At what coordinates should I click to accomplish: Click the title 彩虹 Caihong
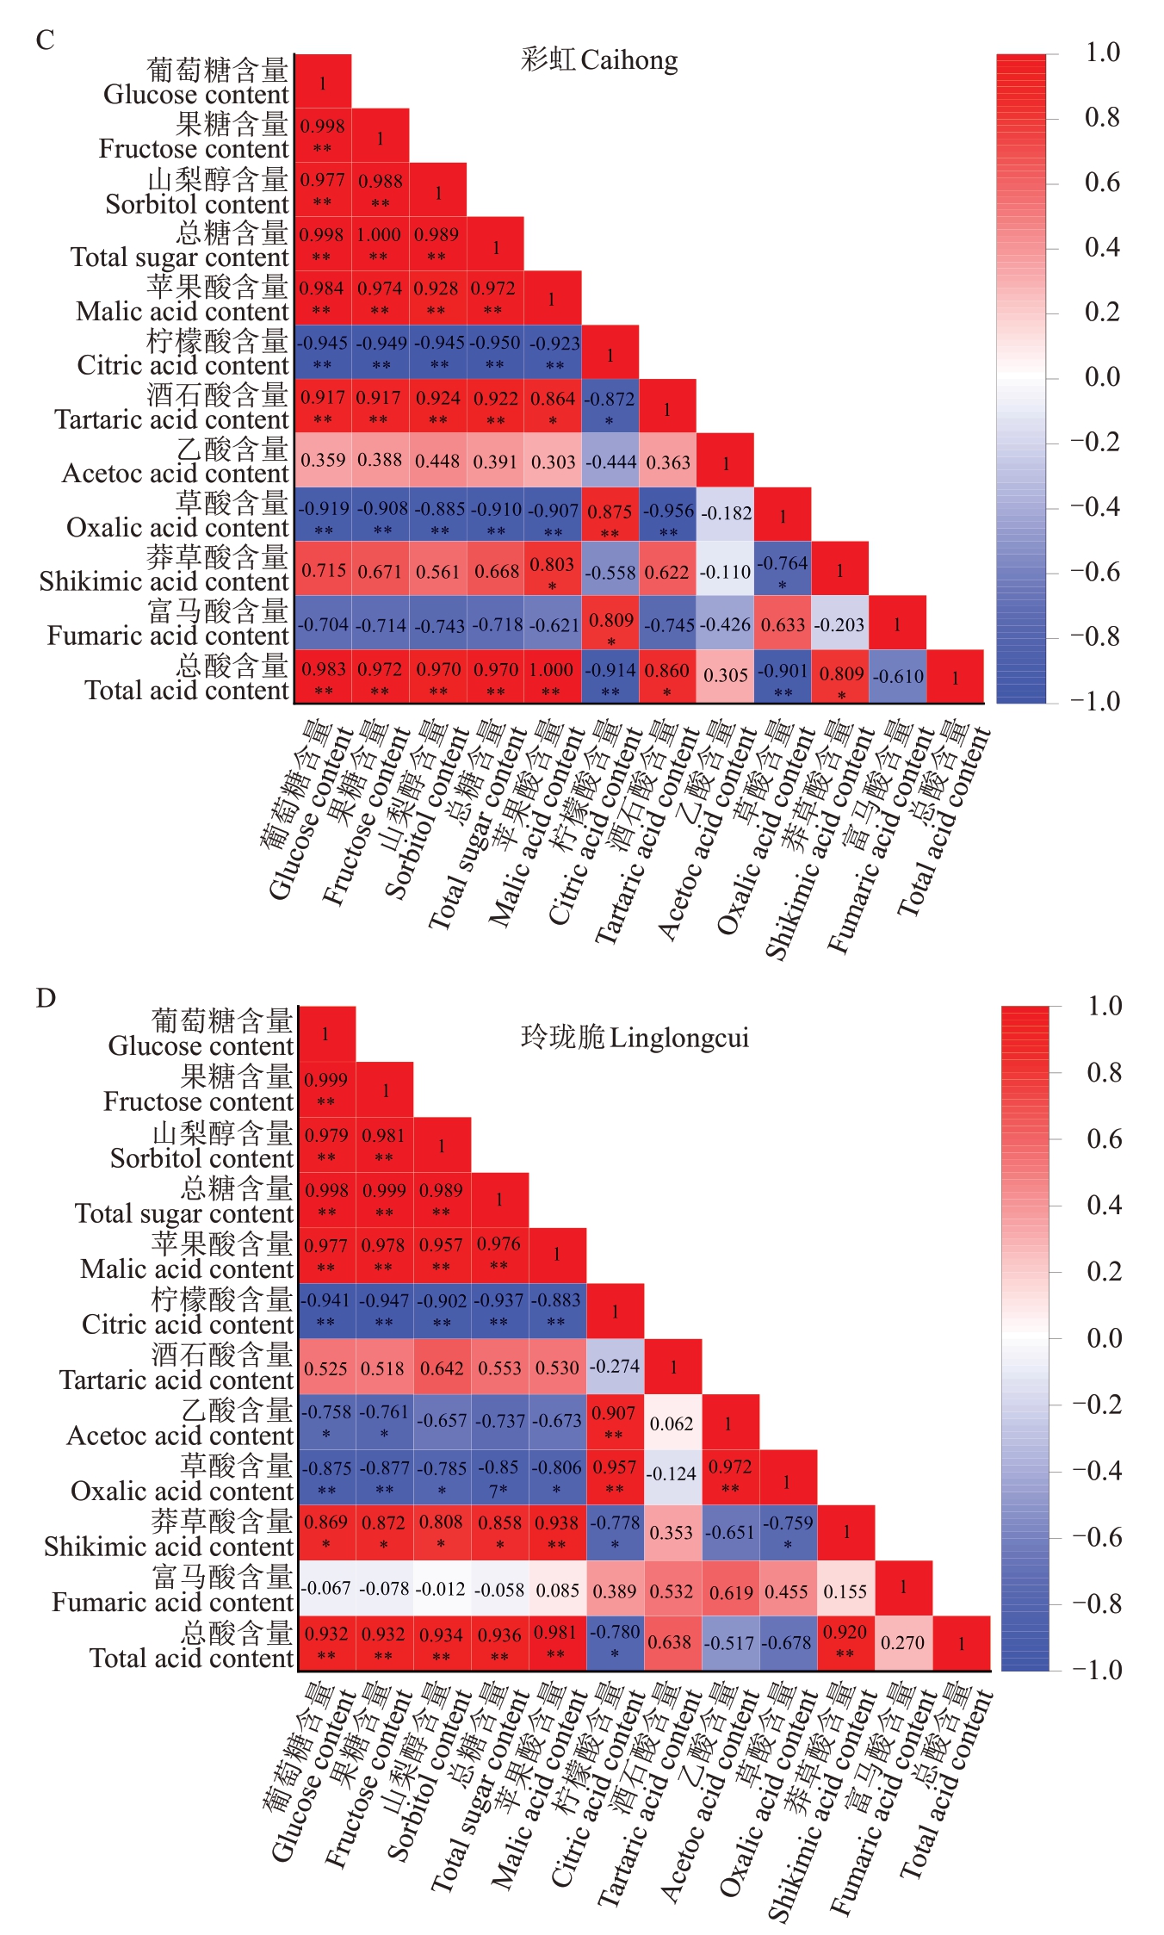599,60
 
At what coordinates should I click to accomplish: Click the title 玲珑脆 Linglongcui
635,1038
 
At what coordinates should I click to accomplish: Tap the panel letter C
45,40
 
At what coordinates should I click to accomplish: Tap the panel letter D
46,998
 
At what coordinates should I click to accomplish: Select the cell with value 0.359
323,461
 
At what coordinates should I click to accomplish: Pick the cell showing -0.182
726,514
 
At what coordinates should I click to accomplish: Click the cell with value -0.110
726,571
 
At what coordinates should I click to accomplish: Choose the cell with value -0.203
840,624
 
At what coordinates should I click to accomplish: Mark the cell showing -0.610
898,677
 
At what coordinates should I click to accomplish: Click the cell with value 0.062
672,1423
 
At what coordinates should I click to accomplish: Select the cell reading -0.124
672,1473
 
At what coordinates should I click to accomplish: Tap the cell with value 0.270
902,1643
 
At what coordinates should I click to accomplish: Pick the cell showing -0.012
442,1588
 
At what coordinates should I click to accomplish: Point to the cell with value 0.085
557,1590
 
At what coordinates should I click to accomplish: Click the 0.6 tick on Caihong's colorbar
1102,183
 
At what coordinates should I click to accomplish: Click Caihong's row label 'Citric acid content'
183,365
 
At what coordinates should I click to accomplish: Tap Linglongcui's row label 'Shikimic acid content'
169,1547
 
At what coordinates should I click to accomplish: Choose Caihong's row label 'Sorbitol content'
197,204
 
